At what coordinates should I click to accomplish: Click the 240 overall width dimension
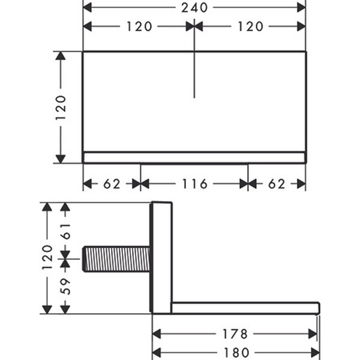click(194, 8)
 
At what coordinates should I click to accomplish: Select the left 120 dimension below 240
click(139, 26)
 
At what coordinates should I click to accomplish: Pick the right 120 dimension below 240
click(250, 26)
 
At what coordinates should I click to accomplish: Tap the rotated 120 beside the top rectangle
click(61, 107)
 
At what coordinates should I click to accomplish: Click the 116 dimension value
click(194, 184)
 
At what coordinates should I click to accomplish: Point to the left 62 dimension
click(112, 184)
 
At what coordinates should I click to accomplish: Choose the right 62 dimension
click(277, 184)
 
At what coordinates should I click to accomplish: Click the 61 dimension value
click(65, 231)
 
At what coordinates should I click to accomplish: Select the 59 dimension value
click(65, 286)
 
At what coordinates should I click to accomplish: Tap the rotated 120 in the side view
click(47, 257)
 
